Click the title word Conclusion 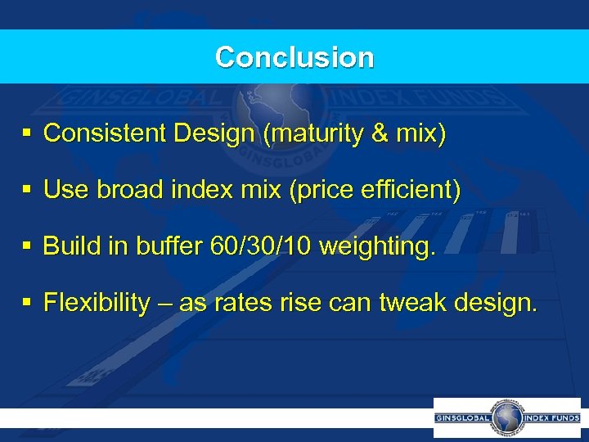coord(294,57)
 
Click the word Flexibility coord(97,304)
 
